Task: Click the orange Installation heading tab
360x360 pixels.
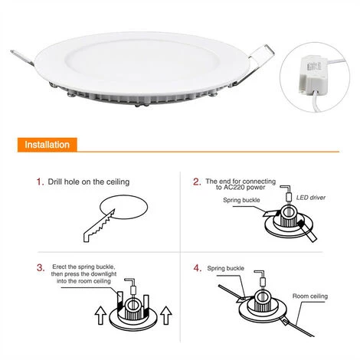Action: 47,145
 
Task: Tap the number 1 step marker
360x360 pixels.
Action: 40,182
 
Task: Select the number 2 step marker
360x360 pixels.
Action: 197,182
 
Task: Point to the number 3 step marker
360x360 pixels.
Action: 41,268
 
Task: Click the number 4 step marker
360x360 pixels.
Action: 198,268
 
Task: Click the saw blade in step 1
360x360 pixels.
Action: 99,225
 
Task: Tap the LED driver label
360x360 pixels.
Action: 311,198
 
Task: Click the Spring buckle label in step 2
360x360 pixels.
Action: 241,200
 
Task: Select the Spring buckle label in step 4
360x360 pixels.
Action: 225,268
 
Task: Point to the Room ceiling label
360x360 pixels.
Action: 310,296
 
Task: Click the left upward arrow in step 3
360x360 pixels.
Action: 100,316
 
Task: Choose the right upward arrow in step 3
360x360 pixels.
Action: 166,316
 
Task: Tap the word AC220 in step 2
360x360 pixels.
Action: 234,188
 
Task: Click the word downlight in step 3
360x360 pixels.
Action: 103,274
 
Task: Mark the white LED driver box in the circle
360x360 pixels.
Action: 313,74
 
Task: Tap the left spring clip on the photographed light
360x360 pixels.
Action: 22,58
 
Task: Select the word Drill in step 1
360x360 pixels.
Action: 54,182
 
